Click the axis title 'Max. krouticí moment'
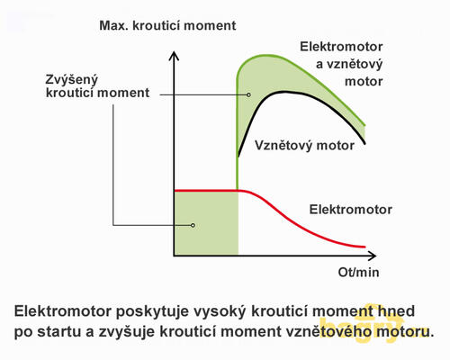coord(167,26)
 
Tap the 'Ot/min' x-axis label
coord(358,272)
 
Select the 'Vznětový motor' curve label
coord(304,146)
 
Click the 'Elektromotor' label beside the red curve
coord(351,210)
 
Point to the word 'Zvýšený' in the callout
coord(72,80)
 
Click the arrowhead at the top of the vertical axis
coord(174,56)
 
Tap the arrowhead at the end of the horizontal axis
coord(372,256)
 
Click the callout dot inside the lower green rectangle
coord(193,225)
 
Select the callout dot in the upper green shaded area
coord(248,94)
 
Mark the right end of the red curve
coord(364,247)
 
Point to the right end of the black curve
coord(364,143)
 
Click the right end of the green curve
coord(364,125)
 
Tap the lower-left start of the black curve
coord(238,156)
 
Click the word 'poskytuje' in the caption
coord(154,312)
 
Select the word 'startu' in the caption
coord(60,332)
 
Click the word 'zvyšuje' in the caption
coord(127,332)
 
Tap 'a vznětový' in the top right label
coord(349,65)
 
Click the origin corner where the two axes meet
coord(174,256)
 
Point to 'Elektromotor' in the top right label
coord(341,47)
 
